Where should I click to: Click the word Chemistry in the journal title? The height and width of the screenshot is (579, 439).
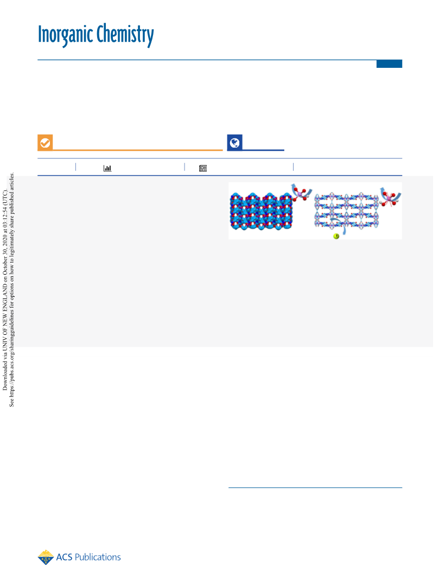(125, 35)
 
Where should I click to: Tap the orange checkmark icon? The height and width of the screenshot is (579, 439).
(45, 143)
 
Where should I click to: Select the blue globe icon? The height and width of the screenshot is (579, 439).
(235, 143)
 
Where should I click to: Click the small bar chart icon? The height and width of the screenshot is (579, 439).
(107, 168)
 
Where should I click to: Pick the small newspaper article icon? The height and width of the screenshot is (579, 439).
(203, 168)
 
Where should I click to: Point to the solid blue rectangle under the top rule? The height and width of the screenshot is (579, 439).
(389, 64)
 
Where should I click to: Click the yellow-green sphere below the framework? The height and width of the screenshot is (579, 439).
(336, 236)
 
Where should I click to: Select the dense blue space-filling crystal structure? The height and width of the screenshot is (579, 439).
(261, 211)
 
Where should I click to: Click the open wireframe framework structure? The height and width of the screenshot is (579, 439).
(346, 211)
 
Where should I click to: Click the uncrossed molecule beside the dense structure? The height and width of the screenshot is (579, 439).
(301, 193)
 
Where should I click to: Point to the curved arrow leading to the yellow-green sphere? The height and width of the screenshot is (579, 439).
(340, 225)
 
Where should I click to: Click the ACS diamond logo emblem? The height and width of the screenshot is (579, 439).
(46, 557)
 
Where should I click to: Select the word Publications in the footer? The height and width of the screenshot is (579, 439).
(98, 557)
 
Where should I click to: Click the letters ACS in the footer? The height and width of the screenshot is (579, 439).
(64, 557)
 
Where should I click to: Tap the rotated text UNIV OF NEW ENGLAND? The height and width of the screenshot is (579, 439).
(5, 318)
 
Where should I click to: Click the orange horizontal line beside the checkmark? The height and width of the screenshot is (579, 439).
(138, 150)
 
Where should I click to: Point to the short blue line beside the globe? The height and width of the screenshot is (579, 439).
(263, 150)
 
